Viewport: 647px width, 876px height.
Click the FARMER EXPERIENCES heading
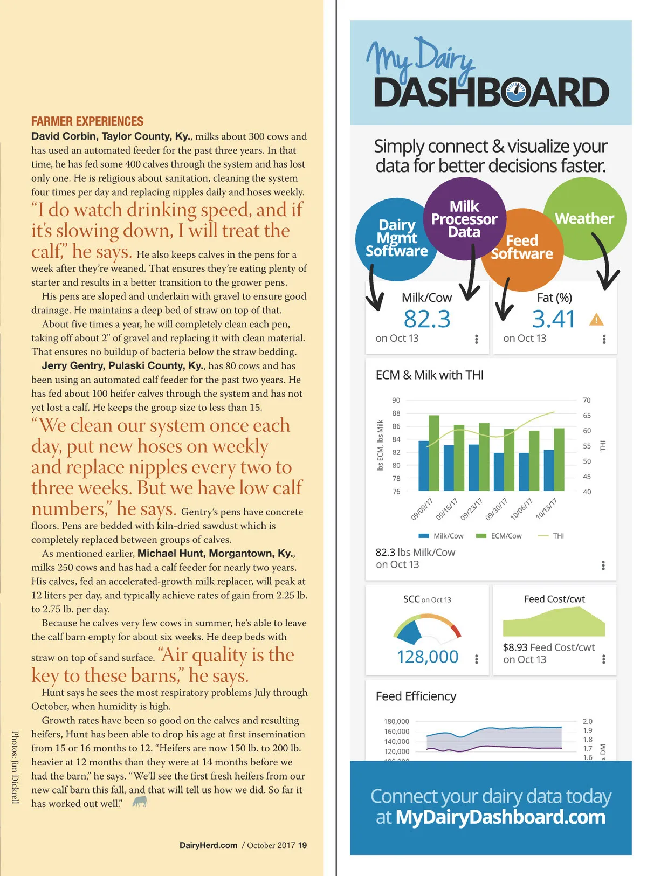(x=87, y=121)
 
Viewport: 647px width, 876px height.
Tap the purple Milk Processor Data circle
(x=464, y=219)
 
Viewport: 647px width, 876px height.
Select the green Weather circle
(x=584, y=218)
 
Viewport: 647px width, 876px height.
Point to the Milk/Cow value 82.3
(x=427, y=319)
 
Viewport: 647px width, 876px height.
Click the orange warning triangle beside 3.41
(x=596, y=320)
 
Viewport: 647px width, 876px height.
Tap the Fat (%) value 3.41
(x=553, y=319)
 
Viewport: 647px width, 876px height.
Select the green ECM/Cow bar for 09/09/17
(x=434, y=453)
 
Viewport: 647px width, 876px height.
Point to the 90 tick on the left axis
(x=396, y=400)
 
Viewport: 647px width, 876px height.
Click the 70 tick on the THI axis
(x=587, y=400)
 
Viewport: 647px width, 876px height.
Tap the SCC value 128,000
(x=428, y=657)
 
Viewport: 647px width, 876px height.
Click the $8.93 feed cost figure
(x=515, y=647)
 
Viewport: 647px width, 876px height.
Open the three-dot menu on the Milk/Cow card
(x=477, y=339)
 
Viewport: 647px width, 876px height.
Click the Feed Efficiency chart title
(x=416, y=696)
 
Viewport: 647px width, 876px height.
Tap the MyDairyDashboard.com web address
(x=500, y=817)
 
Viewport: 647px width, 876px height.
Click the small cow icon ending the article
(x=140, y=802)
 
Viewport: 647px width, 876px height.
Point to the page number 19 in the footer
(x=302, y=845)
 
